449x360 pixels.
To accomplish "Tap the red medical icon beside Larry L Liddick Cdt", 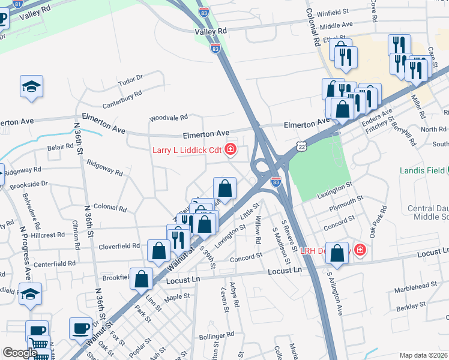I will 231,150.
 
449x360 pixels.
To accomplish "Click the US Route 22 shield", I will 301,146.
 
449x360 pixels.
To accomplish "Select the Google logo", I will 19,353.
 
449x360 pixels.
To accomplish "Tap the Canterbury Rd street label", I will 122,95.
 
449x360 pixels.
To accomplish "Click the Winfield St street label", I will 333,13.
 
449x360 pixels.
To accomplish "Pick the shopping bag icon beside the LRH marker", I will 339,254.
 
